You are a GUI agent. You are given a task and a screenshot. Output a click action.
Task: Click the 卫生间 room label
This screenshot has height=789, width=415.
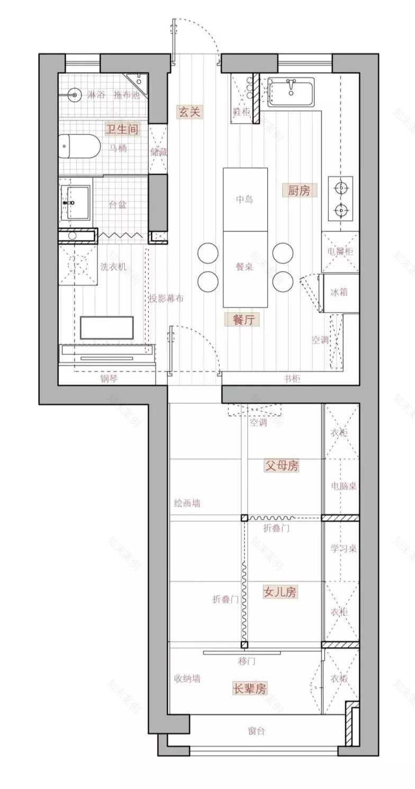click(x=123, y=129)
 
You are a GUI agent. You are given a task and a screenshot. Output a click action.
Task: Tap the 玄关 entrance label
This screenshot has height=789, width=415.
click(x=191, y=112)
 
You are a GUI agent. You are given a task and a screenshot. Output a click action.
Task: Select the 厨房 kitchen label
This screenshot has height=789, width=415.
click(x=299, y=191)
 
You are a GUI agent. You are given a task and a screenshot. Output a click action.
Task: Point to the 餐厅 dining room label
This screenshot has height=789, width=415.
click(x=242, y=319)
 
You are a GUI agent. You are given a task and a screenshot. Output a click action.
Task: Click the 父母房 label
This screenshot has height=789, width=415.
click(x=282, y=466)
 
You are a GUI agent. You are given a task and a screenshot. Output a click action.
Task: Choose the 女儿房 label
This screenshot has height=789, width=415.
click(x=279, y=593)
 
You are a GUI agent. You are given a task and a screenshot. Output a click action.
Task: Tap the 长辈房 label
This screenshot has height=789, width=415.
click(x=250, y=688)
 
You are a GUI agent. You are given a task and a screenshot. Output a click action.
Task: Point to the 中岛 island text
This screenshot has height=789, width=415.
click(x=244, y=199)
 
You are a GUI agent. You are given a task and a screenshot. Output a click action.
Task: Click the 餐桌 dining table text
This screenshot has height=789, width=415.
click(x=244, y=267)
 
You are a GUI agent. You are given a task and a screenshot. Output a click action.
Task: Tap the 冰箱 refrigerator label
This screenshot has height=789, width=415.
click(x=339, y=292)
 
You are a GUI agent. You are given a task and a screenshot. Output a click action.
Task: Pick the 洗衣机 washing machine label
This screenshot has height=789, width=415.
click(x=113, y=267)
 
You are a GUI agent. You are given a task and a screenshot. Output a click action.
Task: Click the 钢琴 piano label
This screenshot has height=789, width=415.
click(x=110, y=378)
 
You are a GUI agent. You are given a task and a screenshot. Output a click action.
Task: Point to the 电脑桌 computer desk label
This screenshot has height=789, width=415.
click(x=344, y=485)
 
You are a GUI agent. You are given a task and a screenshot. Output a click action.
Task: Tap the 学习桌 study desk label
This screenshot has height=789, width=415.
click(x=344, y=548)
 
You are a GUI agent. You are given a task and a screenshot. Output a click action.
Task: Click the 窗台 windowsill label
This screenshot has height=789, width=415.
click(x=256, y=731)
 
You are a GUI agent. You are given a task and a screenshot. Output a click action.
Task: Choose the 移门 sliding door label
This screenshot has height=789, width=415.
click(x=247, y=661)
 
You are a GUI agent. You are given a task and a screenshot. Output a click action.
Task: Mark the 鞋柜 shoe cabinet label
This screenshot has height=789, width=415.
click(x=241, y=112)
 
